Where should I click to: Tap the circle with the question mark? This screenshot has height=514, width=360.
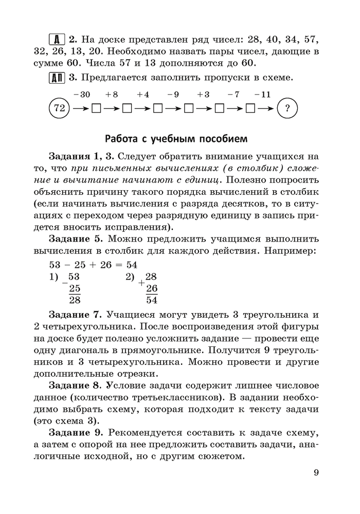click(287, 108)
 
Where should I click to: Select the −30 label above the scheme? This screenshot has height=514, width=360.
click(82, 95)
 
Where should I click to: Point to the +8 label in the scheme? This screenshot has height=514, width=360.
click(112, 95)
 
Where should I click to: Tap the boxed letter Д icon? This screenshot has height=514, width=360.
click(56, 39)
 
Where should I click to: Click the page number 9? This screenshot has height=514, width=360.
click(316, 473)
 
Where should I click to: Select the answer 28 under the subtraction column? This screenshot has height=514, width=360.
click(75, 300)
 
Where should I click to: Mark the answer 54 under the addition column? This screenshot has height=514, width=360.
click(152, 300)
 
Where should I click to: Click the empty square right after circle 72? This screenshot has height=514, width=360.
click(95, 109)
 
